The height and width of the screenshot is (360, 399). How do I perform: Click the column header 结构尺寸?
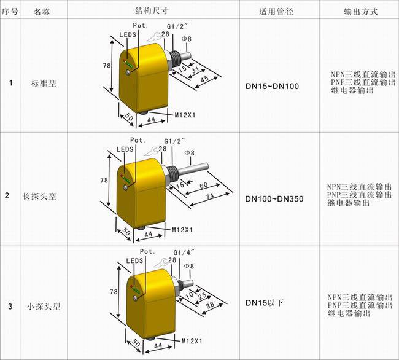pos(152,10)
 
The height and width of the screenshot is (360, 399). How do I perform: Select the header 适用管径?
pos(276,12)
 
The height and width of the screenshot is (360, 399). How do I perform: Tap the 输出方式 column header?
pos(360,12)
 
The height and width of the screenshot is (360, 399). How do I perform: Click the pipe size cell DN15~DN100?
pos(272,86)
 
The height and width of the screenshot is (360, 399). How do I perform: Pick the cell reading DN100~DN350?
pos(274,198)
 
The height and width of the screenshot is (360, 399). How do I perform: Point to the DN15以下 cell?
pos(265,303)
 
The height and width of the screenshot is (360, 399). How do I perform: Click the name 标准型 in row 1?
pos(44,84)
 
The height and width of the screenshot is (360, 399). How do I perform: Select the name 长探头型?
pos(39,197)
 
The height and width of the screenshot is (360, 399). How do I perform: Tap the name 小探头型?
pos(44,306)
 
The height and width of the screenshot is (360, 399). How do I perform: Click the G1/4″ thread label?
pos(184,252)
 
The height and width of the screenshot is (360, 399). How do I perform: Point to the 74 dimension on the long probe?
pos(209,197)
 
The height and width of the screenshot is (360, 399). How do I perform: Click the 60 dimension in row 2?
pos(204,185)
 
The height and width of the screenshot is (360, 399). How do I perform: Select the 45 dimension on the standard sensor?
pos(204,79)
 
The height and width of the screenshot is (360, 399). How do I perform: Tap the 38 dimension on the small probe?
pos(210,305)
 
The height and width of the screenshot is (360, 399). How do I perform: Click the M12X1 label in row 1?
pos(185,115)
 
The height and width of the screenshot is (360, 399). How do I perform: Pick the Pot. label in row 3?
pos(147,251)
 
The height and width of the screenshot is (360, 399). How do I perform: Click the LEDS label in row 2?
pos(125,149)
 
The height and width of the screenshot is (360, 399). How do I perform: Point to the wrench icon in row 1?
pos(153,36)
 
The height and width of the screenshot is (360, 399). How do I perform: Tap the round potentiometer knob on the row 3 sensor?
pos(136,297)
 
